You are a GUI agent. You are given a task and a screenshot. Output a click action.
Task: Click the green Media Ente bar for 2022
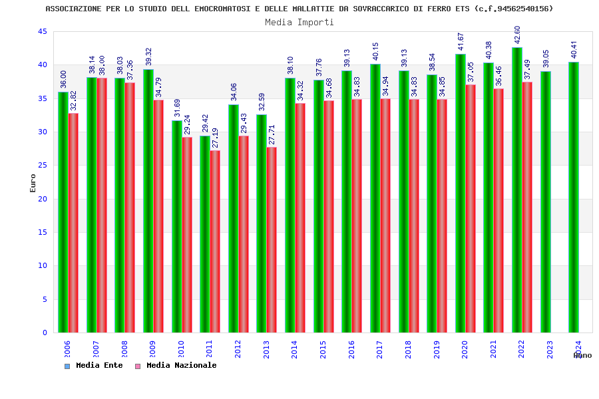pyautogui.click(x=516, y=190)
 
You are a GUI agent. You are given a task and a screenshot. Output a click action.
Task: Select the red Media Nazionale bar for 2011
pyautogui.click(x=215, y=241)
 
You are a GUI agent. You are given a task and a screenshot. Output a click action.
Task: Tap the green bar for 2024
pyautogui.click(x=574, y=197)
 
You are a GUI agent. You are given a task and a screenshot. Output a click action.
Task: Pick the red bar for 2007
pyautogui.click(x=102, y=205)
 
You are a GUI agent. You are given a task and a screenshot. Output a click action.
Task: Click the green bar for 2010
pyautogui.click(x=176, y=226)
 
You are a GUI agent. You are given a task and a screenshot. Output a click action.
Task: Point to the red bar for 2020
pyautogui.click(x=471, y=208)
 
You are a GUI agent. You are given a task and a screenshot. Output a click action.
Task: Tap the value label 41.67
pyautogui.click(x=461, y=41)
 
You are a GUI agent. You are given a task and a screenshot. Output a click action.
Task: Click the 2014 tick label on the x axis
pyautogui.click(x=295, y=350)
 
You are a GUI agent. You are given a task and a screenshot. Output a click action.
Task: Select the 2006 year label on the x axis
pyautogui.click(x=67, y=350)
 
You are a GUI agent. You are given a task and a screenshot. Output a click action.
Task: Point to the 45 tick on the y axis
pyautogui.click(x=42, y=32)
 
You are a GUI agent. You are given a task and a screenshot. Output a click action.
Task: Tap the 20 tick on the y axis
pyautogui.click(x=42, y=199)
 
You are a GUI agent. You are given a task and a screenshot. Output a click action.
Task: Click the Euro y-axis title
pyautogui.click(x=33, y=183)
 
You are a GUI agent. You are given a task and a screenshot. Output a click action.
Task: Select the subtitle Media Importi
pyautogui.click(x=299, y=22)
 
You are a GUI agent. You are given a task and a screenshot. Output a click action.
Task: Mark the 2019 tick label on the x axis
pyautogui.click(x=437, y=350)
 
